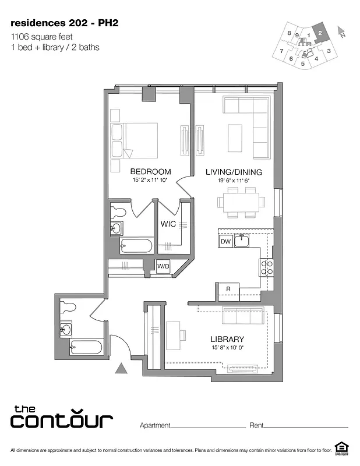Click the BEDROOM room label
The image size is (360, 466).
tap(150, 171)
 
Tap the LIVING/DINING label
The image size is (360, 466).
tap(233, 172)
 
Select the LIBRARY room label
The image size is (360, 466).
tap(227, 339)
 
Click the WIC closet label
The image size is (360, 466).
tap(168, 224)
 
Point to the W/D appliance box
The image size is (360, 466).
tap(163, 267)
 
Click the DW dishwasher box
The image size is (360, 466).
tap(225, 241)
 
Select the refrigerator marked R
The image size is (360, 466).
tap(228, 290)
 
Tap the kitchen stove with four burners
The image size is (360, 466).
tap(267, 267)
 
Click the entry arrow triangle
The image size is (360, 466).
tap(121, 368)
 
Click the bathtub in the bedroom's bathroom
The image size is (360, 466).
tap(137, 246)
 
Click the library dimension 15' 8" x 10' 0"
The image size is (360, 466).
tap(227, 348)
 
